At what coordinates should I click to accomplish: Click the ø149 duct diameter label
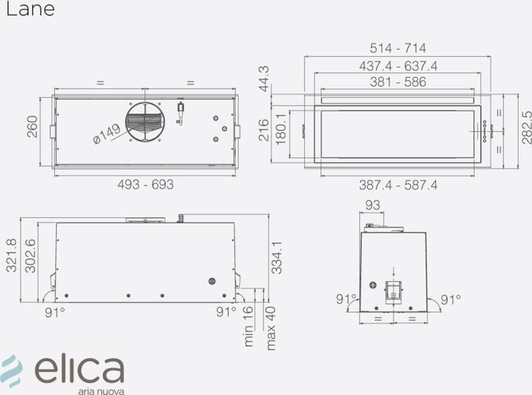(106, 133)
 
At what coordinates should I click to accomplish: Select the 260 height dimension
(32, 127)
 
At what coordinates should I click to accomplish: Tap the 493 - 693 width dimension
(145, 184)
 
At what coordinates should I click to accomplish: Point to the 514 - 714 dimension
(398, 48)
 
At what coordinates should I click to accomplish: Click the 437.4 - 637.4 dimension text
(398, 66)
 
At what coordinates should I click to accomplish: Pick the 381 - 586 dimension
(398, 82)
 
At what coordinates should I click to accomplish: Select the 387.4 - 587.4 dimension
(398, 185)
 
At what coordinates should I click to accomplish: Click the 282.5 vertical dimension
(525, 127)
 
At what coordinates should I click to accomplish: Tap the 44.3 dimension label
(264, 78)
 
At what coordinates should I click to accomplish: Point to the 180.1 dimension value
(281, 127)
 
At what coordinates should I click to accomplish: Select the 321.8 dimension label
(11, 255)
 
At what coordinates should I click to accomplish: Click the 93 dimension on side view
(372, 205)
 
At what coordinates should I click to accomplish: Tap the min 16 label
(248, 326)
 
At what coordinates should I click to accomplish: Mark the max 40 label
(271, 328)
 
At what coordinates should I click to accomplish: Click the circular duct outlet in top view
(145, 122)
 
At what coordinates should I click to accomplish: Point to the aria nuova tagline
(100, 390)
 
